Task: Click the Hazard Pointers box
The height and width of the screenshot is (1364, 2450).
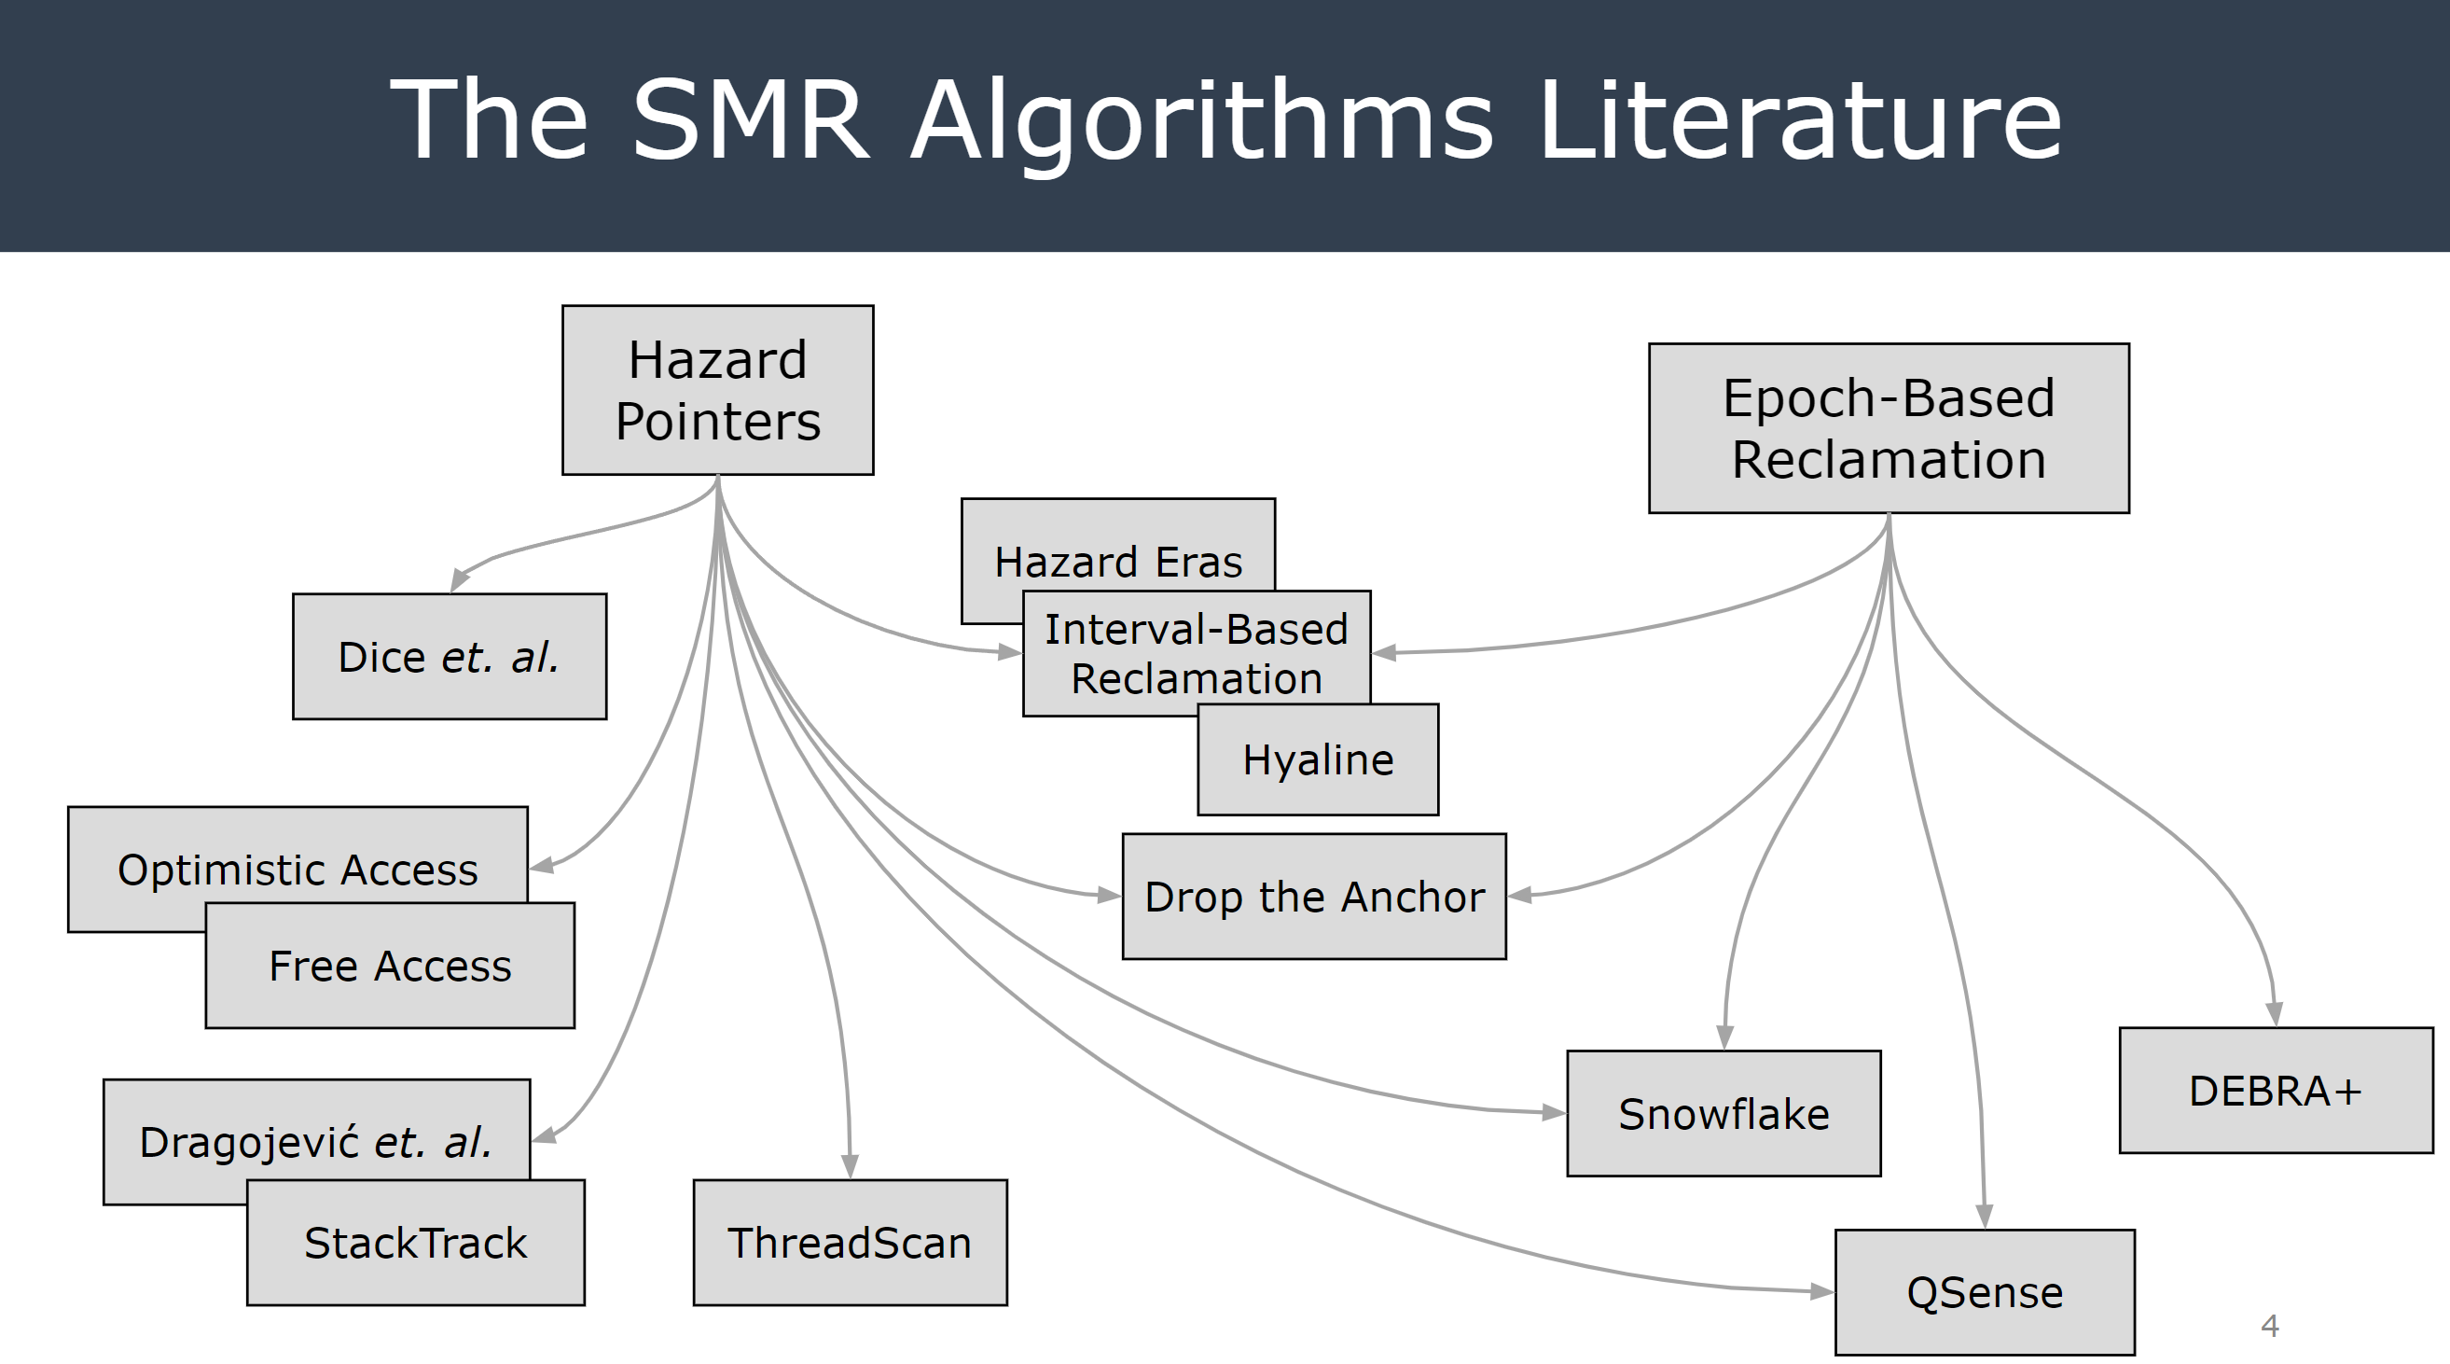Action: coord(717,390)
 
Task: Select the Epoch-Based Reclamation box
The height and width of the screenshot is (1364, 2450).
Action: coord(1888,428)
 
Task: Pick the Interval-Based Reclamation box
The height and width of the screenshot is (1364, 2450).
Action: coord(1196,653)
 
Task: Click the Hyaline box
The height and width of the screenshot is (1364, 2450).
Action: coord(1317,760)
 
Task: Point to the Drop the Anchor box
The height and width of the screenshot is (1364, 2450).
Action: coord(1313,897)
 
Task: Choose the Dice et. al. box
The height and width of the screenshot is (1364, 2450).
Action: coord(449,656)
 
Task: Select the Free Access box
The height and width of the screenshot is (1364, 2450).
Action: coord(390,966)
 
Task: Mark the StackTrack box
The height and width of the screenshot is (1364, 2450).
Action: coord(416,1243)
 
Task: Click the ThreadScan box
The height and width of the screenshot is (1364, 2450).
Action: coord(850,1243)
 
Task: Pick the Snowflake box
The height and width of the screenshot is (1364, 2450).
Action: coord(1723,1114)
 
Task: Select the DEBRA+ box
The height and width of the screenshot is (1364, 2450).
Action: coord(2275,1090)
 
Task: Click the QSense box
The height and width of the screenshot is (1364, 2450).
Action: coord(1984,1292)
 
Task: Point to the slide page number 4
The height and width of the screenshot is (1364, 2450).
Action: coord(2269,1325)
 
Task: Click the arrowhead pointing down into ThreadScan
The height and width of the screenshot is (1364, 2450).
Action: coord(851,1166)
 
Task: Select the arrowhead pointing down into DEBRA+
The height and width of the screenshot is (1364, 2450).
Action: coord(2274,1014)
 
